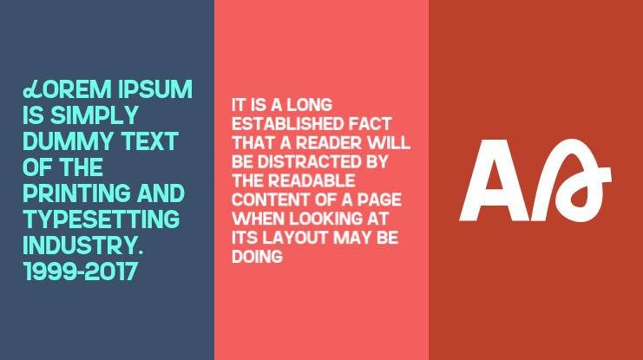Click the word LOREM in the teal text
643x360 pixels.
(x=62, y=90)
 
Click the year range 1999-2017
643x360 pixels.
(x=81, y=271)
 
